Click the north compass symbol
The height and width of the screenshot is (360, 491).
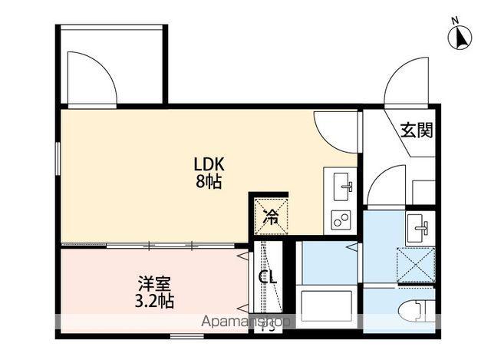point(461,37)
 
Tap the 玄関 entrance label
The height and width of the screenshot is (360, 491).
point(416,130)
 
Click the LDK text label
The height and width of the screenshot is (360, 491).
point(208,164)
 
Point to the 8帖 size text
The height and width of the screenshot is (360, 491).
point(208,183)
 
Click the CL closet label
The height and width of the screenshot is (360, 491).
point(268,277)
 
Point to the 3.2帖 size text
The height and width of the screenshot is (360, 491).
point(150,300)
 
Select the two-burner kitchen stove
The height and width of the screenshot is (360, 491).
point(341,220)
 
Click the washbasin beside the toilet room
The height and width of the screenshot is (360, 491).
point(419,227)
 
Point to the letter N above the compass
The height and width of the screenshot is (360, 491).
point(455,20)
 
